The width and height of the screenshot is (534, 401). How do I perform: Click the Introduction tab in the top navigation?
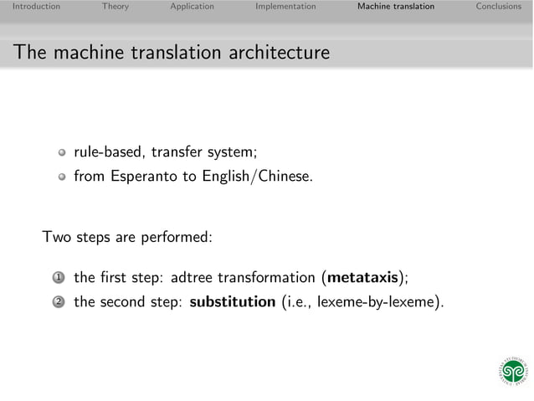[x=30, y=7]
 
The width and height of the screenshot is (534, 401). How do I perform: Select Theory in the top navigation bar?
[x=116, y=7]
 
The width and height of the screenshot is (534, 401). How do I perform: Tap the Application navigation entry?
[x=192, y=7]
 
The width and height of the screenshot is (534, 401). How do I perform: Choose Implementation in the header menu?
[x=285, y=7]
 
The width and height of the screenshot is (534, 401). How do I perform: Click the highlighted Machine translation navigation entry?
[x=395, y=7]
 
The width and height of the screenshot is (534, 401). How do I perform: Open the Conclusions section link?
[x=498, y=7]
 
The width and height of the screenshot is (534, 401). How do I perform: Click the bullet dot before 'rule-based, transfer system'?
[x=61, y=153]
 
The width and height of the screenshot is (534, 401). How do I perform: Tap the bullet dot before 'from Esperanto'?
[x=61, y=177]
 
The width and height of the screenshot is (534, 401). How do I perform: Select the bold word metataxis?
[x=362, y=277]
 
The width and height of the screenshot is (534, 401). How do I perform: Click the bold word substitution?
[x=232, y=302]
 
